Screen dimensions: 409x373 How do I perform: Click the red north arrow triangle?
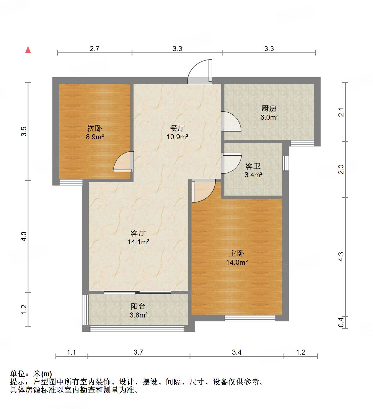pyautogui.click(x=28, y=50)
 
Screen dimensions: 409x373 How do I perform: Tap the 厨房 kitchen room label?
pyautogui.click(x=269, y=109)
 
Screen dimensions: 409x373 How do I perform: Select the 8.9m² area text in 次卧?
pyautogui.click(x=95, y=137)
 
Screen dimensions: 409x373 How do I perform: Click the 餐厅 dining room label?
pyautogui.click(x=177, y=128)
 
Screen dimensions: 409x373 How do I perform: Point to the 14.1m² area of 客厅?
pyautogui.click(x=138, y=242)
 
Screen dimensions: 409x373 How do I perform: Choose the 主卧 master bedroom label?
pyautogui.click(x=237, y=253)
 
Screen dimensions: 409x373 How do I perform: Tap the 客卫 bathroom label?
pyautogui.click(x=253, y=166)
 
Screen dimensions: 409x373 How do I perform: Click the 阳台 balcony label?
pyautogui.click(x=138, y=306)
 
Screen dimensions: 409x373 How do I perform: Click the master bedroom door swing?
pyautogui.click(x=203, y=190)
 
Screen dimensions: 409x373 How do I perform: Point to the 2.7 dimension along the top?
pyautogui.click(x=95, y=49)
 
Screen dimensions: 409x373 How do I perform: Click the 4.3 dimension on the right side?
pyautogui.click(x=341, y=257)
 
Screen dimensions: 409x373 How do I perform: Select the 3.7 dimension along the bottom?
pyautogui.click(x=138, y=352)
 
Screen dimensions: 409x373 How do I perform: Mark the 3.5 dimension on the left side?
pyautogui.click(x=24, y=131)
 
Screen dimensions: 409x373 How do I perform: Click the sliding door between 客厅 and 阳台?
pyautogui.click(x=137, y=292)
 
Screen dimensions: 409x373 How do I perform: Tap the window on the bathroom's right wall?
pyautogui.click(x=285, y=163)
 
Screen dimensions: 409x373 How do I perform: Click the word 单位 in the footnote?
pyautogui.click(x=18, y=374)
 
